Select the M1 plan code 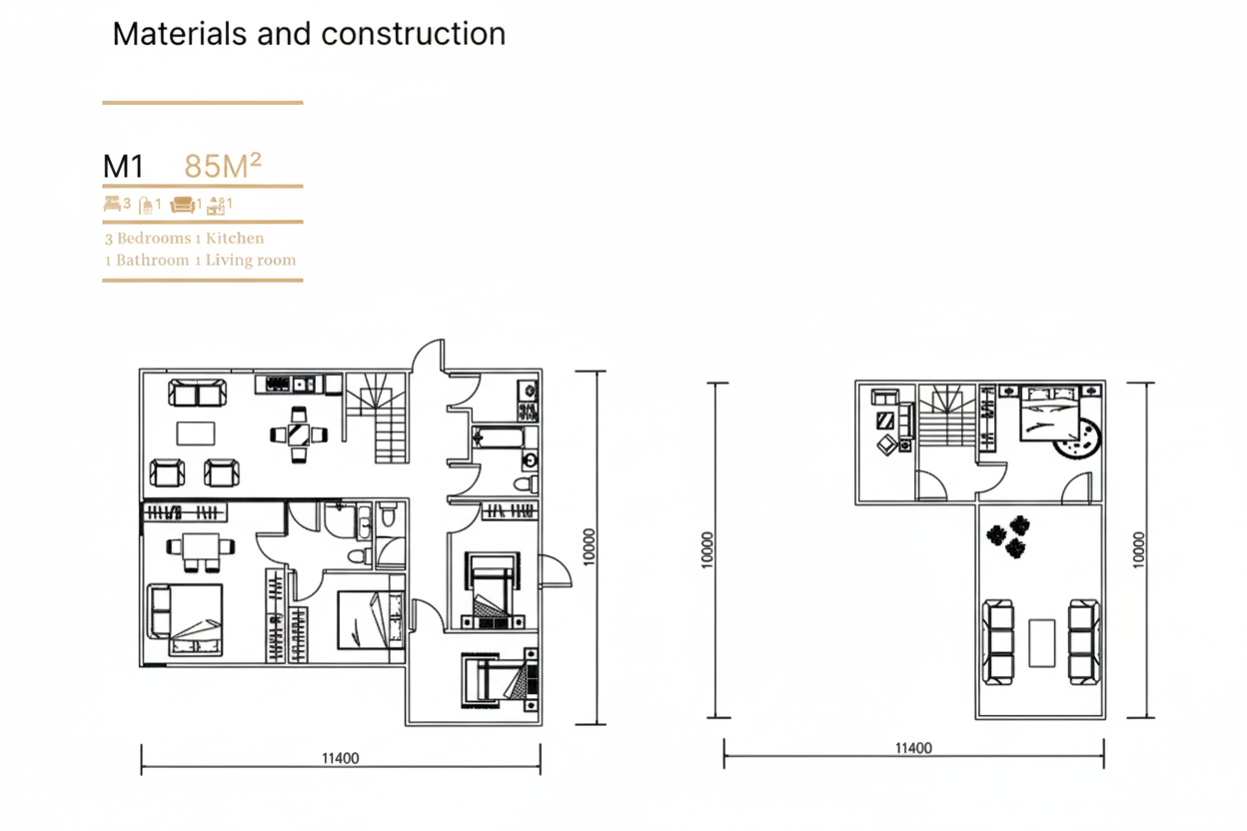click(124, 167)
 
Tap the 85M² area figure click(223, 166)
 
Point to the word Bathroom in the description click(153, 261)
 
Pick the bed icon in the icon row click(111, 204)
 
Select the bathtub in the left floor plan click(497, 436)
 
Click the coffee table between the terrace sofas click(1041, 642)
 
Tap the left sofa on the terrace click(998, 641)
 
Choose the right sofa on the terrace click(1083, 641)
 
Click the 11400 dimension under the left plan click(340, 758)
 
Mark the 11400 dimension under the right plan click(913, 748)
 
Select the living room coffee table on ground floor click(195, 432)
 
